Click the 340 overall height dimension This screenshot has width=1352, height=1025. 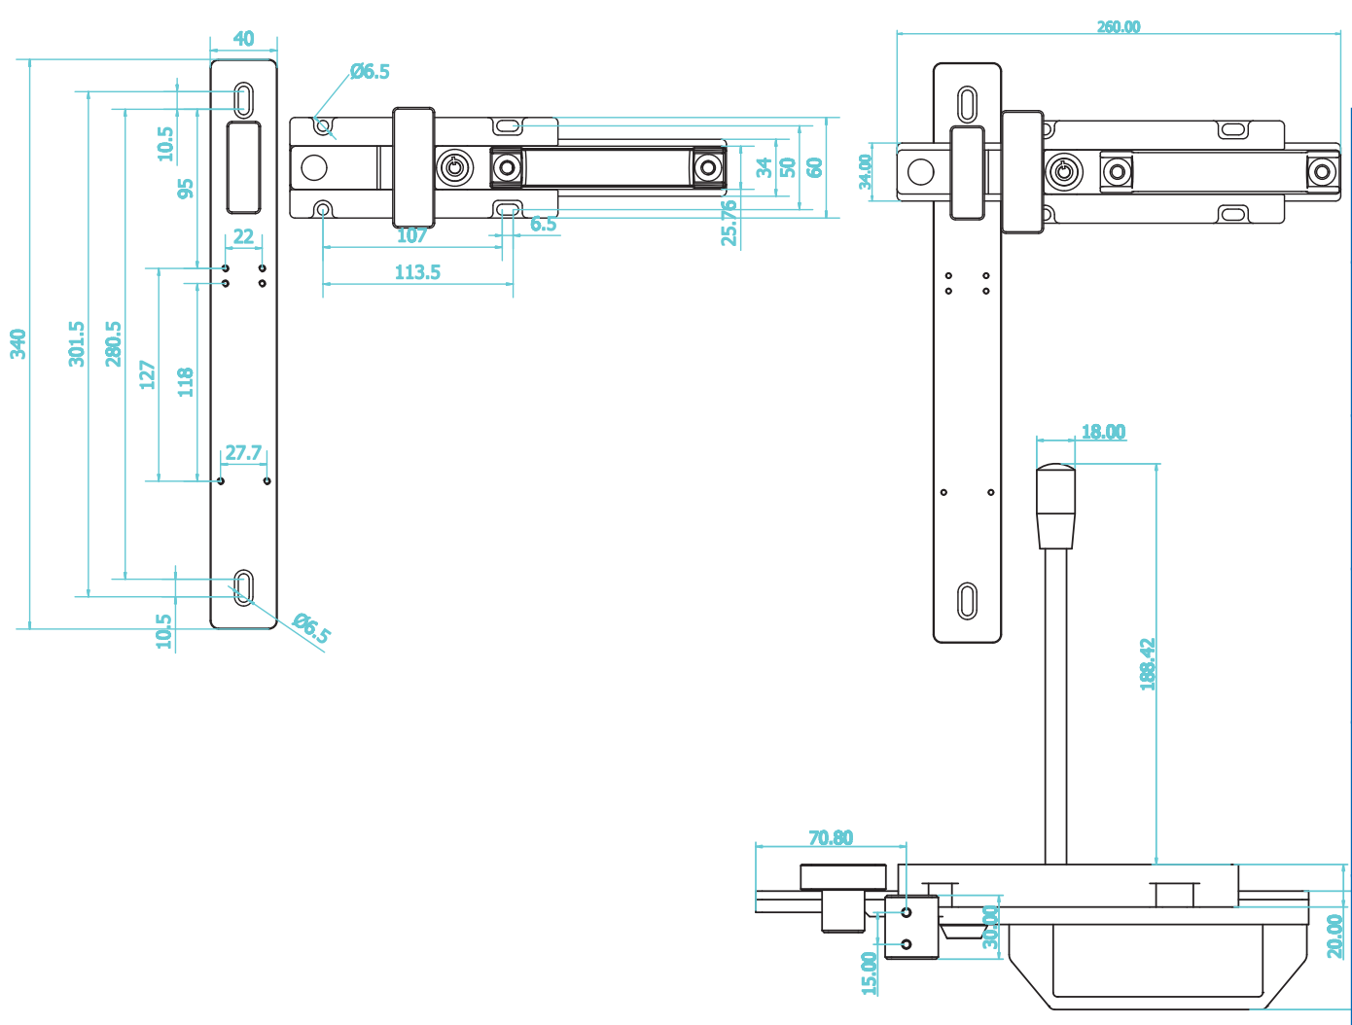click(18, 343)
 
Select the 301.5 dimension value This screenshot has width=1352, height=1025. click(77, 343)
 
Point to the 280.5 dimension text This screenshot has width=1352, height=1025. click(114, 343)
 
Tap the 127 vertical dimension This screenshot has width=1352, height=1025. click(148, 374)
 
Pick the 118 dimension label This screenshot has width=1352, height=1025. click(185, 381)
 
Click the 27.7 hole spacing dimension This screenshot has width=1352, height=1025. click(243, 453)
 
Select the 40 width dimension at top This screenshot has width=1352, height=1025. click(243, 39)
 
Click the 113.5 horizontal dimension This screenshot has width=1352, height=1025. click(417, 272)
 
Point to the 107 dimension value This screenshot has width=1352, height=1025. click(411, 235)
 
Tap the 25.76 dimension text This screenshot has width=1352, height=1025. click(729, 223)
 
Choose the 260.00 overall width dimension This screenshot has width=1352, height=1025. click(1119, 27)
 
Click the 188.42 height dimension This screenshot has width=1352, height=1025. click(1148, 664)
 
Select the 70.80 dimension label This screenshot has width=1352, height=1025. click(831, 837)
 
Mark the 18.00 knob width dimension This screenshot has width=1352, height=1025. click(1103, 432)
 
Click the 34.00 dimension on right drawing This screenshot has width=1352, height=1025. click(866, 172)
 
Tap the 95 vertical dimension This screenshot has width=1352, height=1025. click(186, 188)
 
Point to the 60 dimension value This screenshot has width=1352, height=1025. click(815, 167)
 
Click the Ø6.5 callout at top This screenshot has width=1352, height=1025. click(370, 71)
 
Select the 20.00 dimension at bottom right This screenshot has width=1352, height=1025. click(1334, 936)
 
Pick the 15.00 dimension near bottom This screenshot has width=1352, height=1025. click(869, 972)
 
